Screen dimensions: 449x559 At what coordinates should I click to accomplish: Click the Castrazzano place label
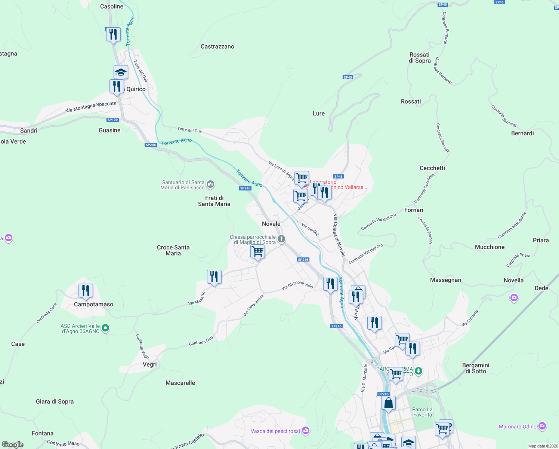tap(217, 46)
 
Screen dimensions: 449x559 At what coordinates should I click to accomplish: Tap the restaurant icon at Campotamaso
tap(86, 291)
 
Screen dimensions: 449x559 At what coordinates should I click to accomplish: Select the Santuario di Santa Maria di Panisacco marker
tap(210, 184)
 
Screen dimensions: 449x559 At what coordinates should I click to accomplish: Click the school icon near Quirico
tap(121, 72)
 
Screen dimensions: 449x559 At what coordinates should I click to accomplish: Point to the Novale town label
tap(271, 224)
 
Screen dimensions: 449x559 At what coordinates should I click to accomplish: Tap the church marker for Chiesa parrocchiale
tap(281, 239)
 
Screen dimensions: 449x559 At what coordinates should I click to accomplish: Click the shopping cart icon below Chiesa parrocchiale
tap(257, 251)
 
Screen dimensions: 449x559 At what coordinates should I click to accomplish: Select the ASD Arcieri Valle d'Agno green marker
tap(105, 328)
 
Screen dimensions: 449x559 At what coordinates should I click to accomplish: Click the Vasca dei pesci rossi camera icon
tap(306, 431)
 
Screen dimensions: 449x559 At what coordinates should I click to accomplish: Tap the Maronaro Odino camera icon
tap(542, 426)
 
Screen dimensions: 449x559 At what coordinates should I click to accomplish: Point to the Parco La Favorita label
tap(422, 412)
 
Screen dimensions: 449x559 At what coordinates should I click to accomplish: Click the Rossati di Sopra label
tap(420, 58)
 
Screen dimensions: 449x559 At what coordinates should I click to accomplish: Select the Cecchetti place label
tap(432, 168)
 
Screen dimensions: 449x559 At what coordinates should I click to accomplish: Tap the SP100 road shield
tap(112, 120)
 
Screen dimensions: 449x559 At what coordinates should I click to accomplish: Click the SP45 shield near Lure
tap(348, 77)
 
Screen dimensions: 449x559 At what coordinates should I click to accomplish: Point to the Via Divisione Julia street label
tap(297, 285)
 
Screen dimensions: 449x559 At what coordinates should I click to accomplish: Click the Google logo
tap(13, 445)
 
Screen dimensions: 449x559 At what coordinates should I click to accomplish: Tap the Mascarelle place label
tap(180, 383)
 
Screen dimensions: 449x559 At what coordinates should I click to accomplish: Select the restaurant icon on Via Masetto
tap(214, 277)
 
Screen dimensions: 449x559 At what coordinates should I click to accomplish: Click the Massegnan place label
tap(445, 280)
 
